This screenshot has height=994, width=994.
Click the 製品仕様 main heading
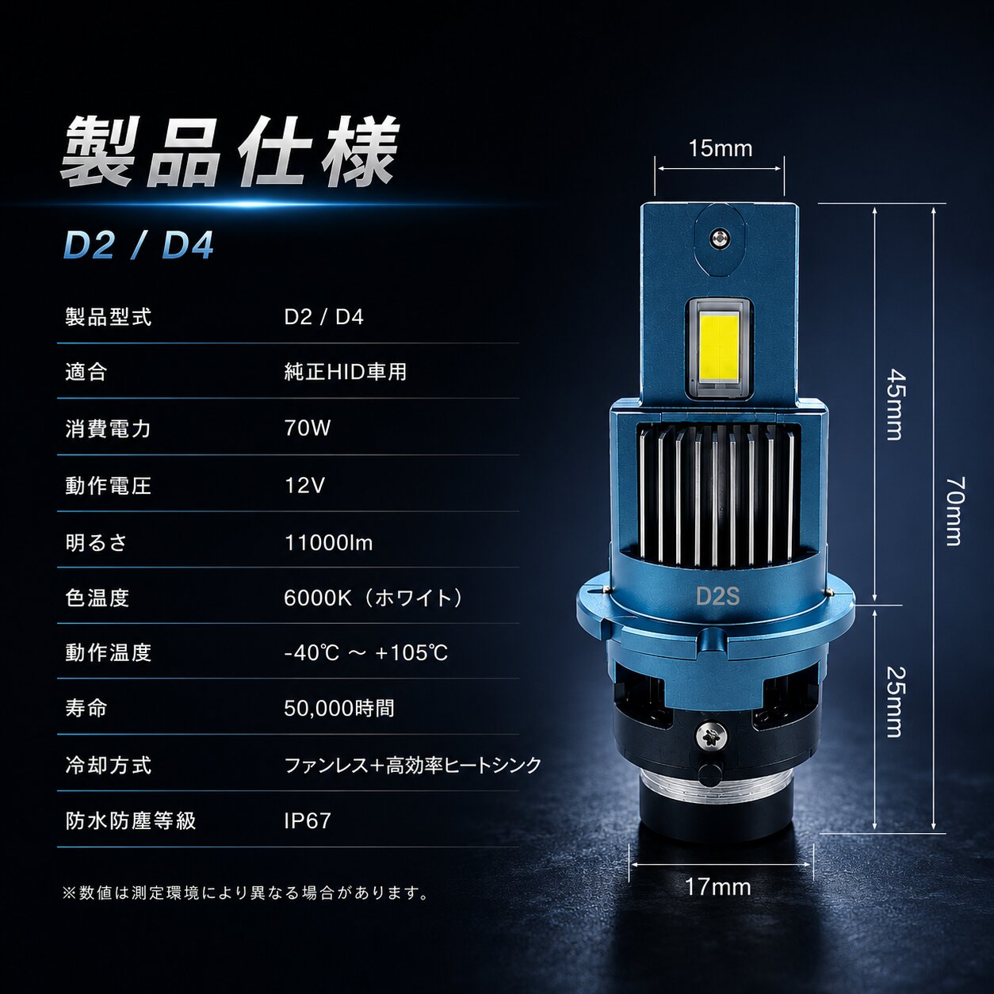click(x=230, y=151)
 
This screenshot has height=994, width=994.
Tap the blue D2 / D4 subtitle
click(x=138, y=246)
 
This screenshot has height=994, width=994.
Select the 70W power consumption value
click(x=307, y=427)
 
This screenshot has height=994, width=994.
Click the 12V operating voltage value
click(x=304, y=485)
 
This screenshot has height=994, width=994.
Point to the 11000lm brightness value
click(x=328, y=543)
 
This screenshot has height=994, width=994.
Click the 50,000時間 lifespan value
click(x=339, y=708)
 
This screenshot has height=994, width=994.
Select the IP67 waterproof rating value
click(x=307, y=820)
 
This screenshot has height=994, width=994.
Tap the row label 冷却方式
click(x=109, y=765)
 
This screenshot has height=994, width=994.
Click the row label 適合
click(x=86, y=372)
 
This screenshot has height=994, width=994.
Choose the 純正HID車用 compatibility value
click(x=345, y=372)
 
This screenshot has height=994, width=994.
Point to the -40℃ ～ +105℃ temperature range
click(x=365, y=653)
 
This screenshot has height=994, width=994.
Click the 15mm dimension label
click(x=720, y=148)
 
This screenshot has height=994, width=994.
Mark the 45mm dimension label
click(x=894, y=404)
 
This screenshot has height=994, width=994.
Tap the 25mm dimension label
click(x=894, y=702)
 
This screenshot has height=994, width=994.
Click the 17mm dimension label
click(x=718, y=887)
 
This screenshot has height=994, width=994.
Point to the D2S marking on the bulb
click(x=717, y=596)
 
